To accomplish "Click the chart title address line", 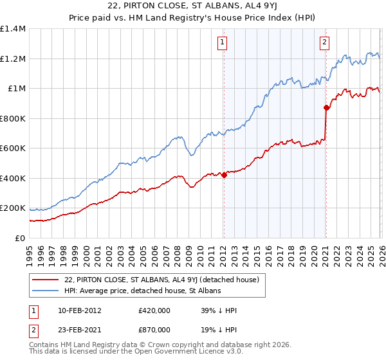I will coord(193,6).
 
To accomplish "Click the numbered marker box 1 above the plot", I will coord(222,43).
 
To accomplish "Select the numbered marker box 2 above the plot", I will coord(324,43).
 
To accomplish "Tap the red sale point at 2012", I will coord(224,175).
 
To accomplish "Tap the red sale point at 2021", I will coord(326,108).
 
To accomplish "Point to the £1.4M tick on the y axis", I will coord(13,29).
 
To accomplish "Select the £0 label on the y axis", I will coord(19,238).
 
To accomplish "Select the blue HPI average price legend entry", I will coord(142,291).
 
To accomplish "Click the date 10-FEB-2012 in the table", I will coord(80,310).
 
